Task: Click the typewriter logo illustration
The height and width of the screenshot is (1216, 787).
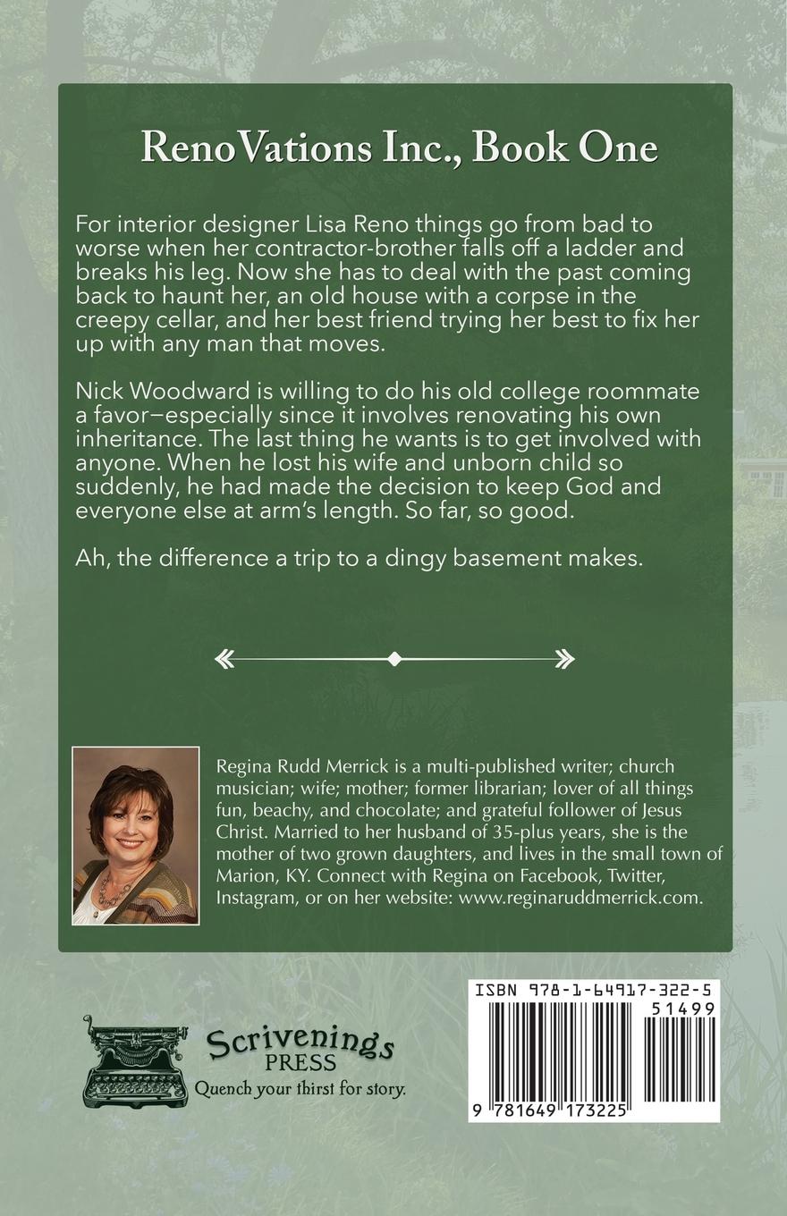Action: tap(136, 1060)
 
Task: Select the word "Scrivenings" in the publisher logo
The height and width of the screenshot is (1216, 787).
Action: tap(300, 1043)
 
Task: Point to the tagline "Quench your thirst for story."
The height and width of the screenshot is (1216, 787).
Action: tap(300, 1088)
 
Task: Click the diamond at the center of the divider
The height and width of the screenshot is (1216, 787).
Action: tap(394, 659)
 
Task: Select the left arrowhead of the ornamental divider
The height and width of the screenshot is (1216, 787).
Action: tap(224, 659)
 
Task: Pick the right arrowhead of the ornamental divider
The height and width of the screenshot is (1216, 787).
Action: tap(564, 659)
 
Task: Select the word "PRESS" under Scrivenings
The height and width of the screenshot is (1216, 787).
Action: tap(300, 1064)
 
